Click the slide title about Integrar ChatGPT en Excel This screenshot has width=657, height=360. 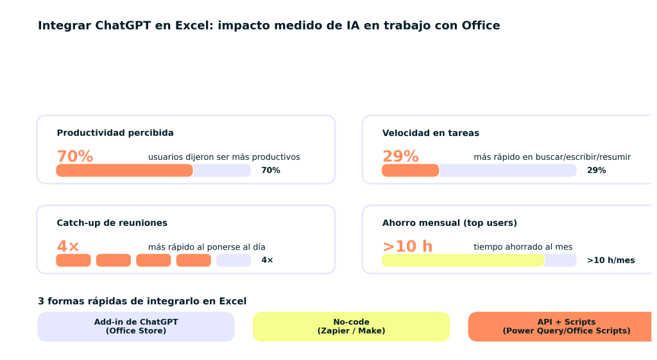point(269,26)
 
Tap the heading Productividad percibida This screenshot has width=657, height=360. point(115,133)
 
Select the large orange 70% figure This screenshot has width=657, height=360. point(75,157)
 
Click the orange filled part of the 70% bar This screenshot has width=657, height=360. point(124,170)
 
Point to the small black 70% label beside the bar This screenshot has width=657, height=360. point(270,171)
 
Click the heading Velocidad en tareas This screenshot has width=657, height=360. point(430,133)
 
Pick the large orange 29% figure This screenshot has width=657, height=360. point(400,157)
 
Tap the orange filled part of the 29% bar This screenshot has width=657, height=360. point(410,170)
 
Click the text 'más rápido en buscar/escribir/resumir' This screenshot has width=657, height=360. point(552,157)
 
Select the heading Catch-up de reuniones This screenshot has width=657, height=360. point(112,223)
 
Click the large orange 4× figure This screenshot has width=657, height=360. point(68,246)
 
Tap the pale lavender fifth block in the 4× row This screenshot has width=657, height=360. point(234,261)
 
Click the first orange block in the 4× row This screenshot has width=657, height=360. point(73,261)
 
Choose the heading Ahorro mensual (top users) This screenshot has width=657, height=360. point(449,223)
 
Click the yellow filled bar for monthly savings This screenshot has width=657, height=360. point(463,261)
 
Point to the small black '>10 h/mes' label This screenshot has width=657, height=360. point(610,261)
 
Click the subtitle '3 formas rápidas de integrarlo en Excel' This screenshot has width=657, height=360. point(142,301)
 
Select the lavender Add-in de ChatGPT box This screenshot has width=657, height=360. point(136,327)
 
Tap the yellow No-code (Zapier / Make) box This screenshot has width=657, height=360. point(351,327)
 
